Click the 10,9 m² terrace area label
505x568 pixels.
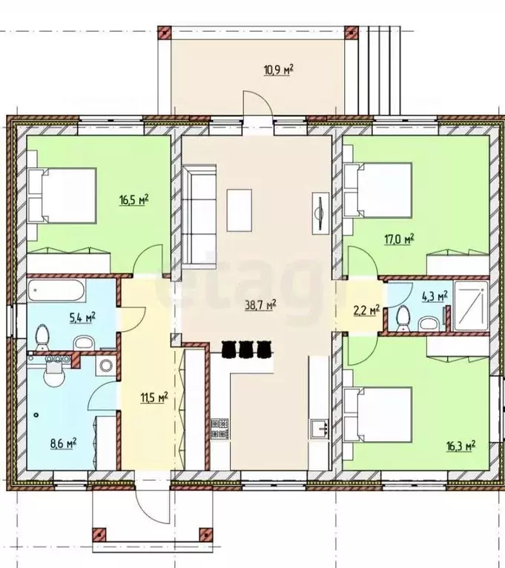[x=278, y=69]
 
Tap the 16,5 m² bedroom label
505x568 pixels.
[x=134, y=199]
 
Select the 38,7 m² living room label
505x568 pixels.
[x=261, y=304]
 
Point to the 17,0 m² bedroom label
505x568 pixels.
[x=400, y=239]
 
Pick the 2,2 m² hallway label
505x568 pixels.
[x=367, y=310]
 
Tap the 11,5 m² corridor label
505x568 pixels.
[x=154, y=398]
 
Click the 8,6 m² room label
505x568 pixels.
[x=64, y=443]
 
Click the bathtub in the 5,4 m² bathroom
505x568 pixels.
[x=56, y=290]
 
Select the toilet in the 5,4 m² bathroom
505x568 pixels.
[x=42, y=335]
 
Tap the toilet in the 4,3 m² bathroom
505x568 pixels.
[x=403, y=318]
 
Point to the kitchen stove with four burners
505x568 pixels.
[x=220, y=429]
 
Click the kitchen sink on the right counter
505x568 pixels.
[x=320, y=429]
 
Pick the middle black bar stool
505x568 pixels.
[x=245, y=349]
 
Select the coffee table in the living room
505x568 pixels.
[x=240, y=210]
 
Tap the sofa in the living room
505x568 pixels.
[x=199, y=217]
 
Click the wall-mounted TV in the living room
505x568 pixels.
[x=320, y=213]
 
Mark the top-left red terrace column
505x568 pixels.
[x=165, y=33]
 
